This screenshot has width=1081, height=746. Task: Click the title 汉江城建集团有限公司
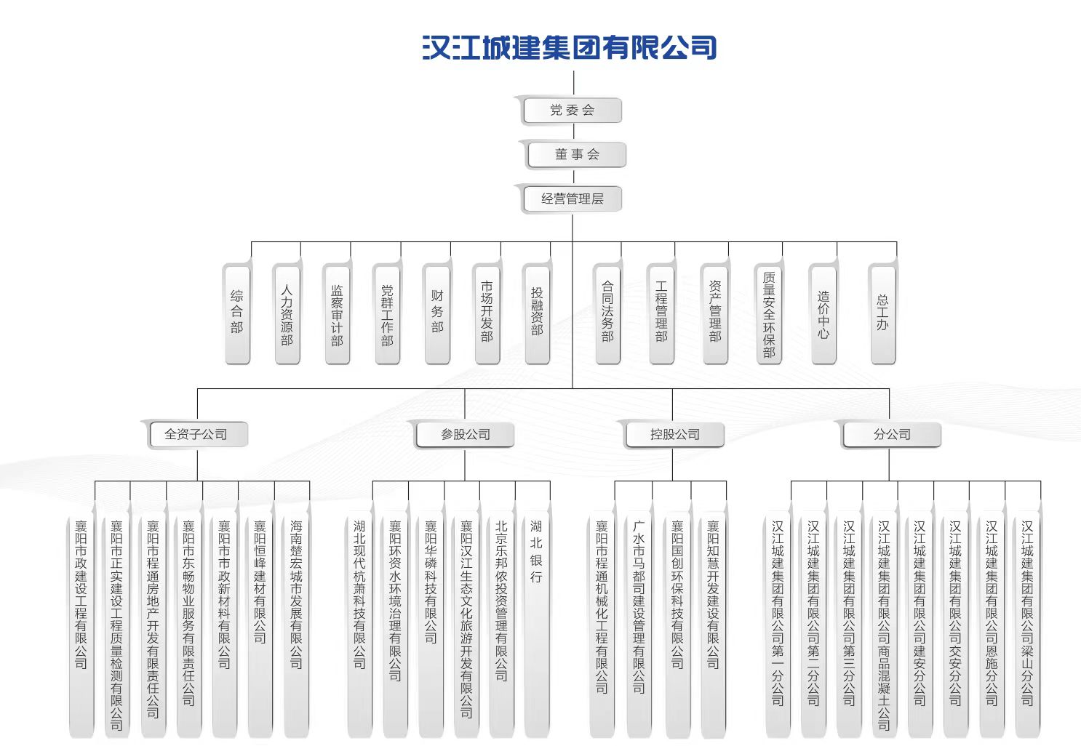(570, 48)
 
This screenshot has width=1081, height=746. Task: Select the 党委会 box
(572, 111)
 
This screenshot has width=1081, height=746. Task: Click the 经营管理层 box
(572, 198)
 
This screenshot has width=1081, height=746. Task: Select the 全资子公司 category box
(196, 435)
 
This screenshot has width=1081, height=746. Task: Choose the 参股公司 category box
(466, 435)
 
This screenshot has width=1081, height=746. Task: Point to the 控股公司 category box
(675, 435)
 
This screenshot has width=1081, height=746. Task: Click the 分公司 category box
(892, 435)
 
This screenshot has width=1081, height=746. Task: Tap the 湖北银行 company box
(537, 625)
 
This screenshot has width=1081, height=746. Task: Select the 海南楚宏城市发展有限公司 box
(296, 625)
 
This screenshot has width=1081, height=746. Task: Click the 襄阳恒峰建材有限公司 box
(260, 625)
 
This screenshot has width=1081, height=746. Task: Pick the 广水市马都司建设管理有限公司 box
(639, 625)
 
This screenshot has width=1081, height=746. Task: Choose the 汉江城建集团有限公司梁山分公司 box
(1027, 625)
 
